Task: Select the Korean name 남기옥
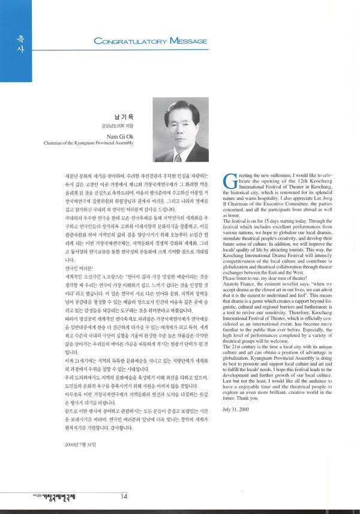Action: click(128, 115)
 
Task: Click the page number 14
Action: click(123, 496)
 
